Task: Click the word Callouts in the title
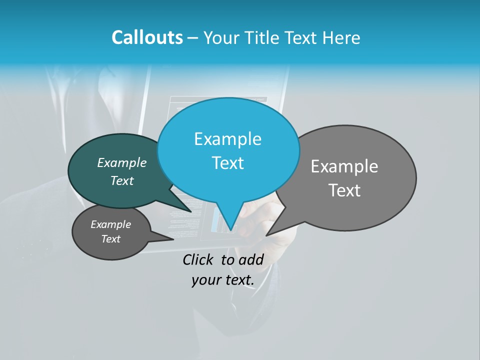click(x=147, y=37)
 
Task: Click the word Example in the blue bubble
click(x=227, y=139)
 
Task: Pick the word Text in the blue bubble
click(x=227, y=163)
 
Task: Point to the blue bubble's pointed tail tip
click(x=230, y=230)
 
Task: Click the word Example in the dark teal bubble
click(x=121, y=162)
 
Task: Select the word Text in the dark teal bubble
click(x=121, y=180)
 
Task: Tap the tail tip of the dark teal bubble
click(x=191, y=212)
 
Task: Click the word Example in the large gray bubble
click(x=344, y=166)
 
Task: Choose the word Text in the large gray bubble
click(x=344, y=190)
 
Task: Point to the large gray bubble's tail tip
click(x=266, y=235)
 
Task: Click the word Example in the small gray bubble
click(x=110, y=224)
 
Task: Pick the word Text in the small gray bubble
click(x=110, y=239)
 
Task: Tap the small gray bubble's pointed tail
click(x=172, y=238)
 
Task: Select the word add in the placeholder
click(x=251, y=259)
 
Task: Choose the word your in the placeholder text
click(x=205, y=280)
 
